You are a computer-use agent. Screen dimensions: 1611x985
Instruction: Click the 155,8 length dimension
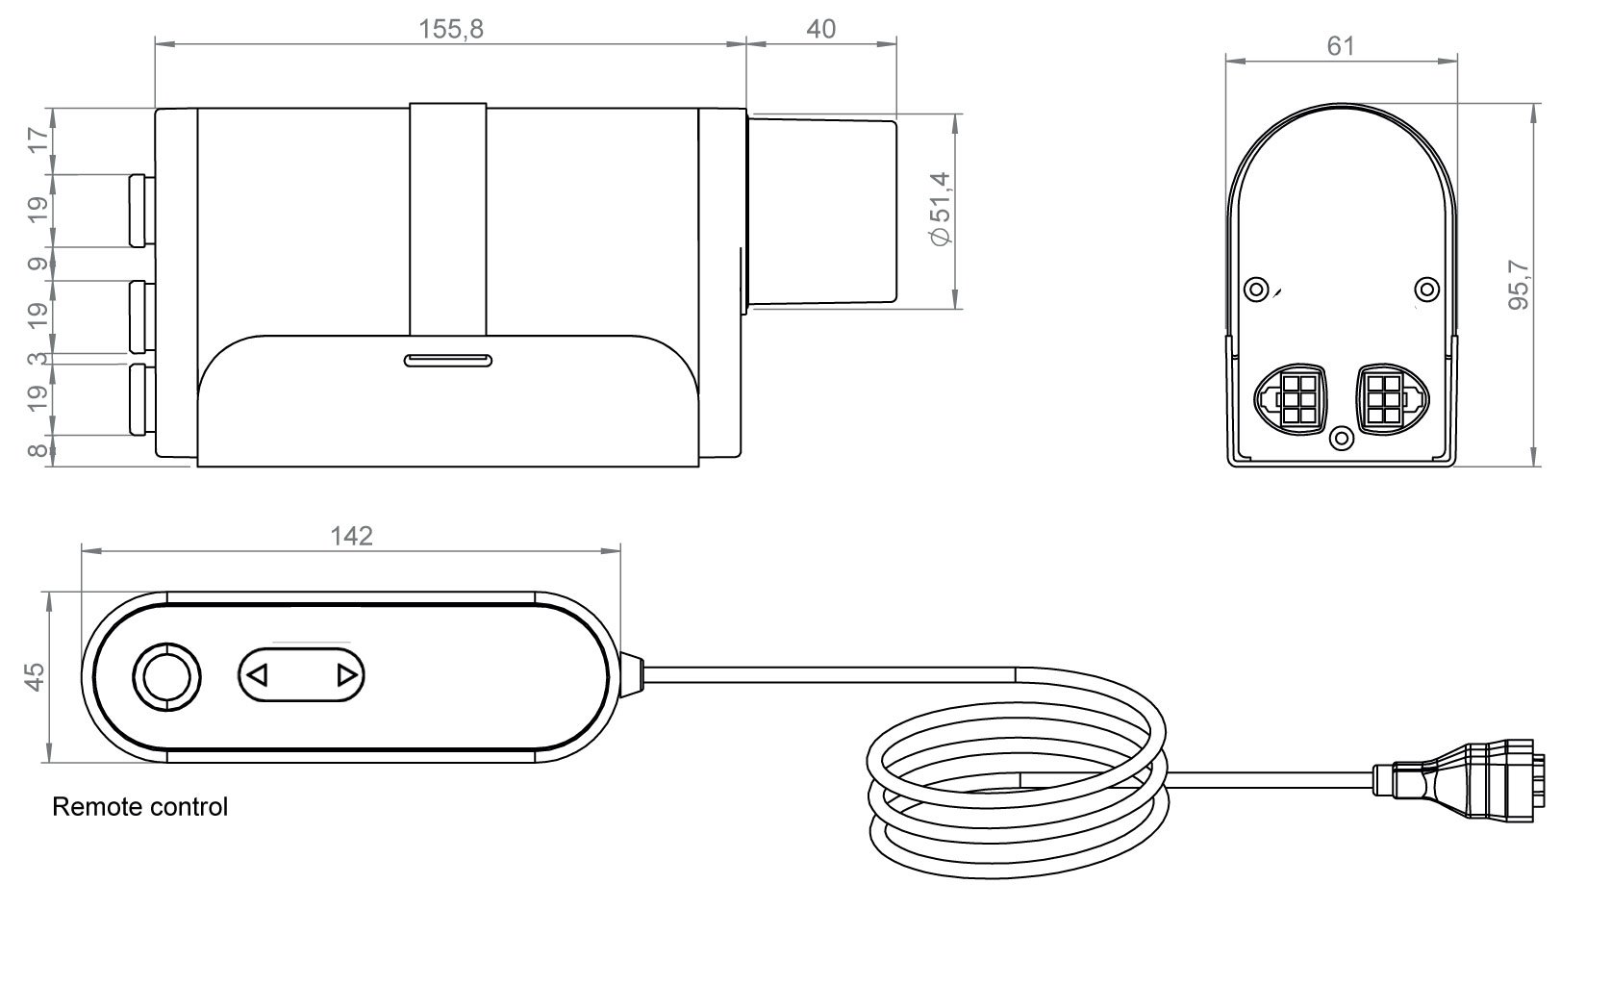pos(451,30)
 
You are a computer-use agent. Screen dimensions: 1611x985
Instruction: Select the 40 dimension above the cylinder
pos(820,30)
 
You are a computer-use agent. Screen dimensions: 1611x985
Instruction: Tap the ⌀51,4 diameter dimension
pos(940,210)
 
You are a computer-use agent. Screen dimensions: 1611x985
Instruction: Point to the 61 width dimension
pos(1341,46)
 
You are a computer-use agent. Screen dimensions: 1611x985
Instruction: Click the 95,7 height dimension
pos(1519,285)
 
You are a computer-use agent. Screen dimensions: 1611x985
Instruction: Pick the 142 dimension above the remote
pos(351,536)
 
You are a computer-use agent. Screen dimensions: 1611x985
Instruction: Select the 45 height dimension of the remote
pos(35,677)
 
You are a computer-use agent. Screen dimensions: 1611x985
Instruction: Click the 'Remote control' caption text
pos(140,806)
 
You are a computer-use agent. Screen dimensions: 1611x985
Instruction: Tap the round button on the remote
pos(166,677)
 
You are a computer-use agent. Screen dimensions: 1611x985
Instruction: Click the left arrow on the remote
pos(258,675)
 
